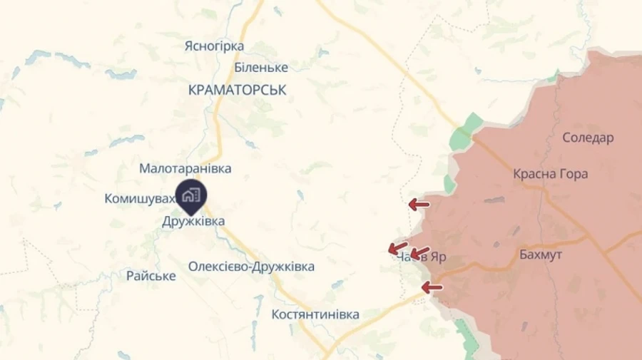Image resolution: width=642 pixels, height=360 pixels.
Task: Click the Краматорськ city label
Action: [238, 91]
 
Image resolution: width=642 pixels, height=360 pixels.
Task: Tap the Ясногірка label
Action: [214, 46]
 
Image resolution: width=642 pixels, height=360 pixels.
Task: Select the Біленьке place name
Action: [261, 68]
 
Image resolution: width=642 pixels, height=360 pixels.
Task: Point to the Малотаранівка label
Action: [185, 169]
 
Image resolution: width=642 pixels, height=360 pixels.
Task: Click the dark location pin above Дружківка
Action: [190, 197]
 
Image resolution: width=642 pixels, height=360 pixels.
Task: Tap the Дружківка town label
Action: [193, 222]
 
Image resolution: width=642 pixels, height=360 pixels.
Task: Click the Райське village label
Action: [151, 276]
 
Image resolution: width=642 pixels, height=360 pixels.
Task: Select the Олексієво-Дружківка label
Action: [251, 267]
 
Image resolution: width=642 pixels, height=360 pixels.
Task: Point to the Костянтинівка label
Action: [315, 314]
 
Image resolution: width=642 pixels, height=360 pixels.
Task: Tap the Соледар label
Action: [588, 138]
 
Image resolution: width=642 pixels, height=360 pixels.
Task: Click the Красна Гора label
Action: [550, 174]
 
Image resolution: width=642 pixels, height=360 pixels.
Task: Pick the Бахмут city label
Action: [541, 254]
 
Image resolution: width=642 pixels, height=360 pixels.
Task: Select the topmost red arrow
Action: [419, 205]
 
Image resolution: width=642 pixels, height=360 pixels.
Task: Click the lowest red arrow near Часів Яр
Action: [432, 288]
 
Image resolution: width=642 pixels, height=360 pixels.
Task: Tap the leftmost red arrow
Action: [397, 248]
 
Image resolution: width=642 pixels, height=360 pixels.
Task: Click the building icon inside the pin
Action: [190, 194]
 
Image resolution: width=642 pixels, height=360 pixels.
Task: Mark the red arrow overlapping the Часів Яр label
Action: [419, 254]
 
